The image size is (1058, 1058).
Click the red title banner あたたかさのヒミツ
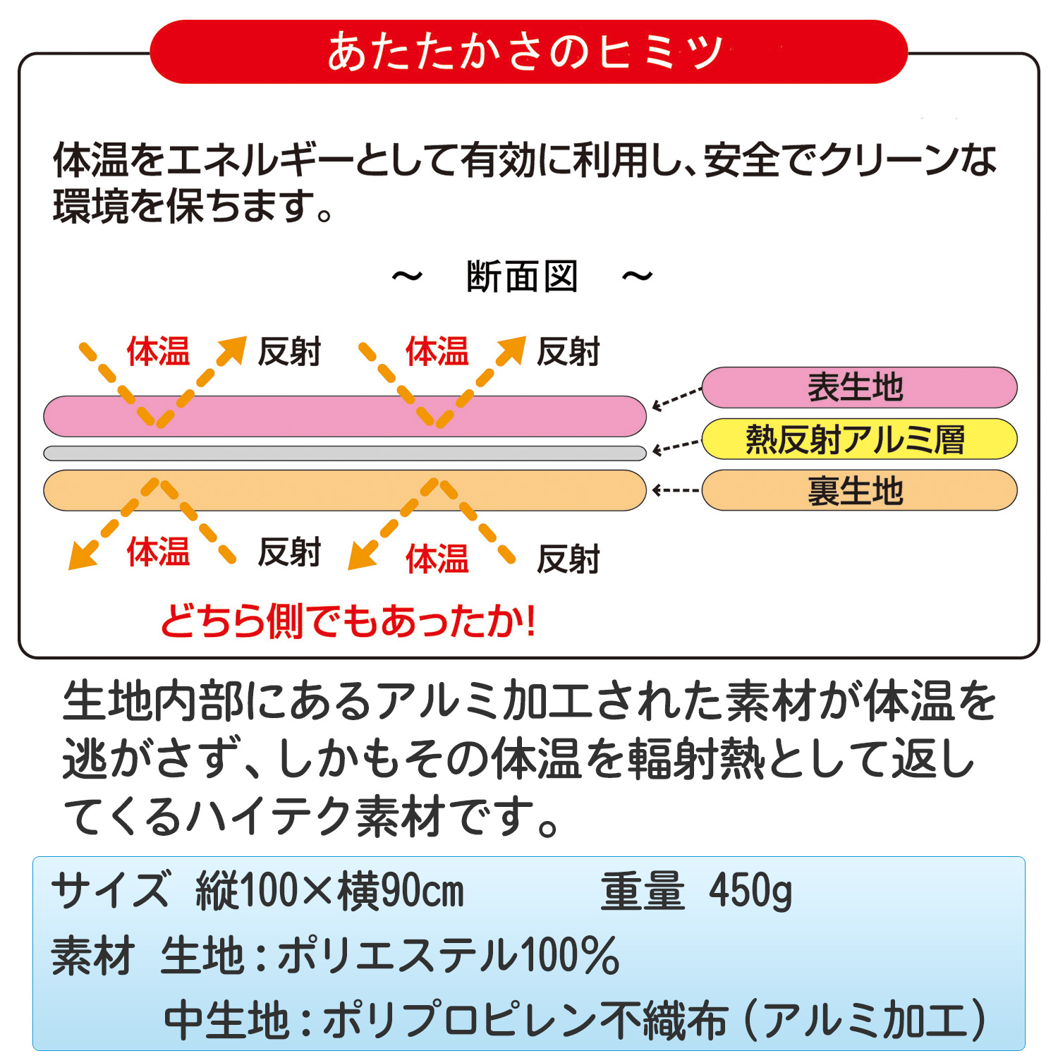[x=528, y=52]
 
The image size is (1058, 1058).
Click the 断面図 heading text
[x=523, y=276]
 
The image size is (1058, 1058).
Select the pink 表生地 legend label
[x=859, y=387]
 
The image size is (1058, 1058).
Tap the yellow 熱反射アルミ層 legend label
[x=859, y=439]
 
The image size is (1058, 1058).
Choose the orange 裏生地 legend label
[x=859, y=490]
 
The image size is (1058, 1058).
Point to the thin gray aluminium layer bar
[x=345, y=453]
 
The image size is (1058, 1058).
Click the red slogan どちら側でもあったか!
[x=348, y=621]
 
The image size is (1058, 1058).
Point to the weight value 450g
[x=750, y=892]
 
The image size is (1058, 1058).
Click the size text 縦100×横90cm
[x=330, y=892]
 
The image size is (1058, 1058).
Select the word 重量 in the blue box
[x=643, y=892]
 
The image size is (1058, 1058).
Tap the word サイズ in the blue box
[x=111, y=892]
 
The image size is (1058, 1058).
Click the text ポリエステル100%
[x=449, y=956]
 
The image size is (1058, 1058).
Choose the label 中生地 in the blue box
[x=226, y=1020]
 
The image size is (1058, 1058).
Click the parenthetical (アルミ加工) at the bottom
[x=866, y=1020]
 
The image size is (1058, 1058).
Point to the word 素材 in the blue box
[x=92, y=956]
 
